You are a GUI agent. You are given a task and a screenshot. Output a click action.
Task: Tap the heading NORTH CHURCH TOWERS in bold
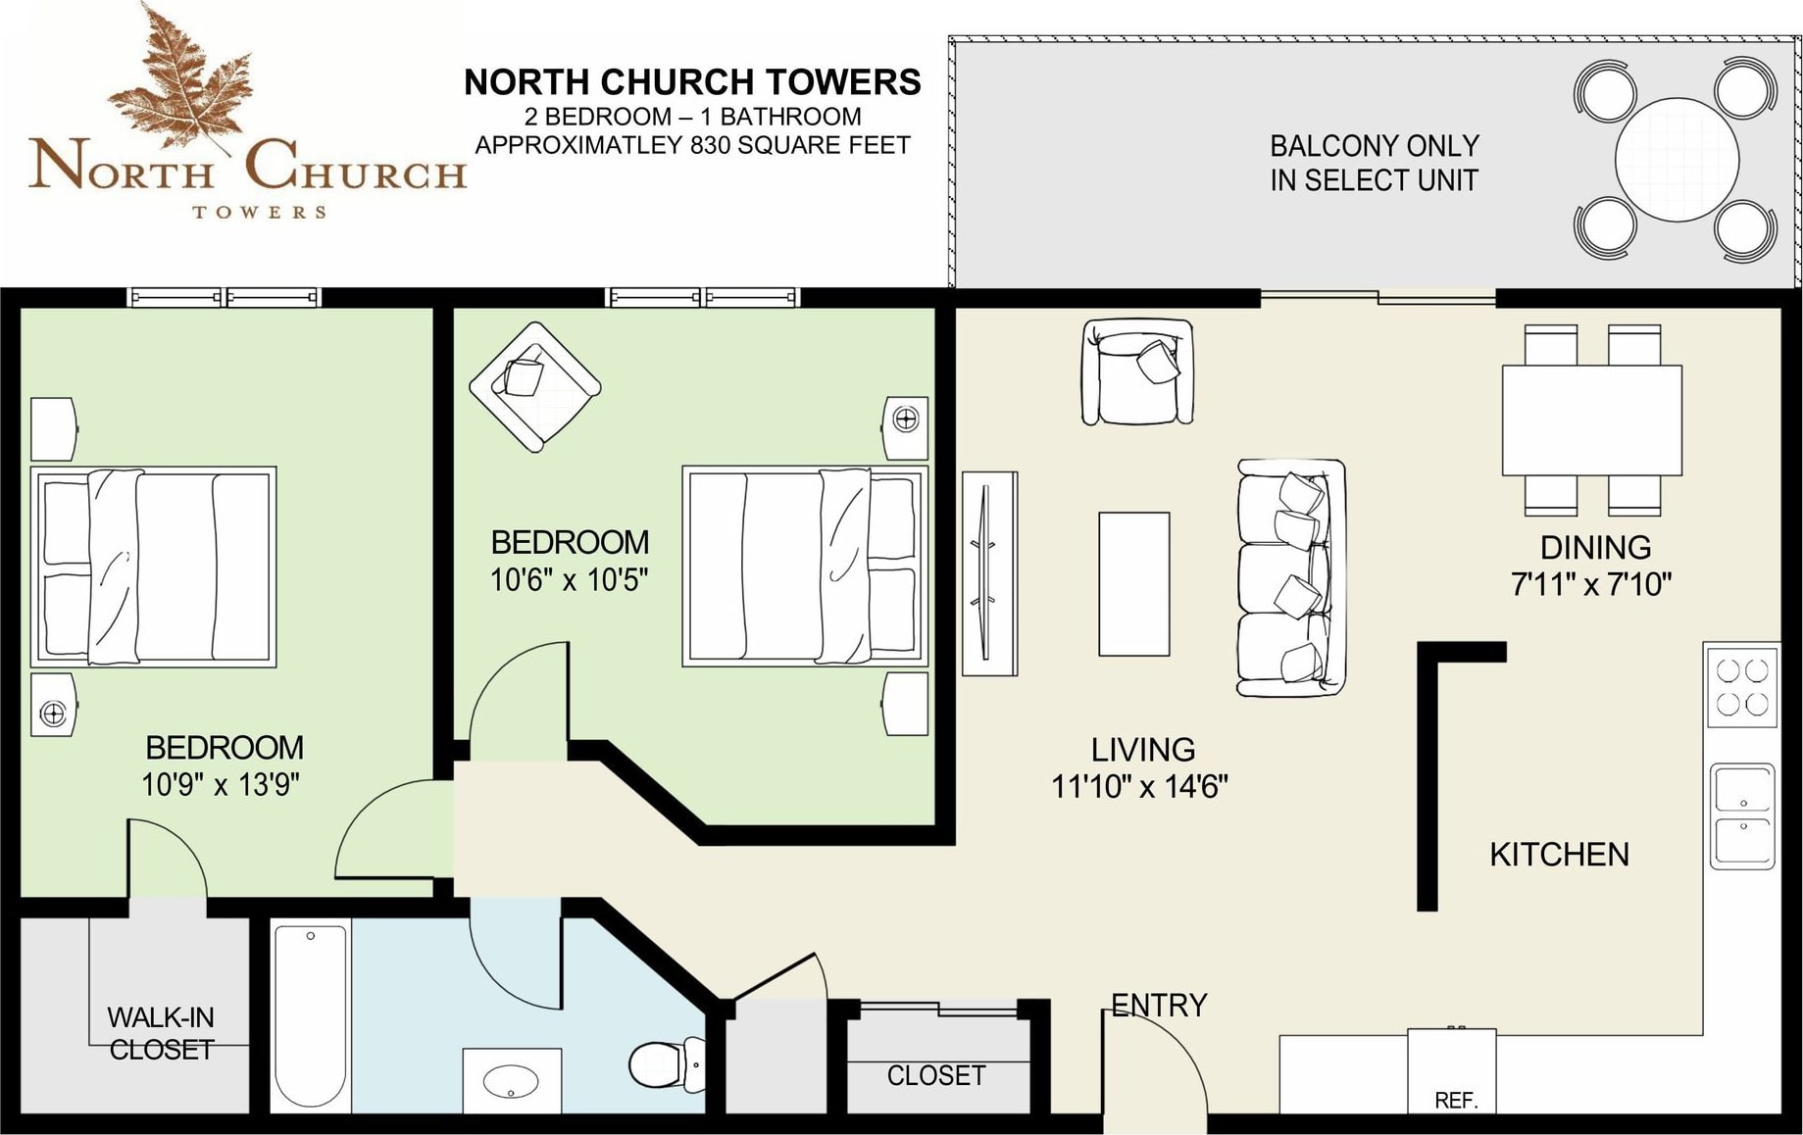click(692, 82)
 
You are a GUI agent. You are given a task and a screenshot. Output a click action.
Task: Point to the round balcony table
click(1677, 160)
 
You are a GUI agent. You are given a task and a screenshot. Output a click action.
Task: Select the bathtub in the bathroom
click(310, 1014)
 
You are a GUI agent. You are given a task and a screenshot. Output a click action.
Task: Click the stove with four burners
click(1742, 686)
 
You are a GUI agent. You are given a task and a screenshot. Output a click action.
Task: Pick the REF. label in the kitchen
click(1456, 1101)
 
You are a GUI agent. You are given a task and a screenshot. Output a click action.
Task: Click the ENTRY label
click(1159, 1006)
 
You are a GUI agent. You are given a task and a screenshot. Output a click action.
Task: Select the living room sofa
click(1290, 578)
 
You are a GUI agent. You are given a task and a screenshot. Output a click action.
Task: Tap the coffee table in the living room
click(1133, 583)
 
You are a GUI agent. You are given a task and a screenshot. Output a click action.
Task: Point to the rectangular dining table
click(1591, 419)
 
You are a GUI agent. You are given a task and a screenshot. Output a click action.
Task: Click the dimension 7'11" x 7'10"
click(1591, 585)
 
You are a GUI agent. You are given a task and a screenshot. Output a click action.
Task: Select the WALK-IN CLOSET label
click(161, 1033)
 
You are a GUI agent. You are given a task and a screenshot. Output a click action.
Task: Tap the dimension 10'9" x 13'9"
click(221, 785)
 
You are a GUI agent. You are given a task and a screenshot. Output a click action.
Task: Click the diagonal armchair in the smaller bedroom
click(534, 386)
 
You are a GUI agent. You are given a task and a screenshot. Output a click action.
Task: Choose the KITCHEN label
click(1559, 855)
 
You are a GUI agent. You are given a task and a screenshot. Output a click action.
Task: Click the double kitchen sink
click(1742, 816)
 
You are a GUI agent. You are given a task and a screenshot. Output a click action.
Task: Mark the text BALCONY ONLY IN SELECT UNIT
click(1374, 163)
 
